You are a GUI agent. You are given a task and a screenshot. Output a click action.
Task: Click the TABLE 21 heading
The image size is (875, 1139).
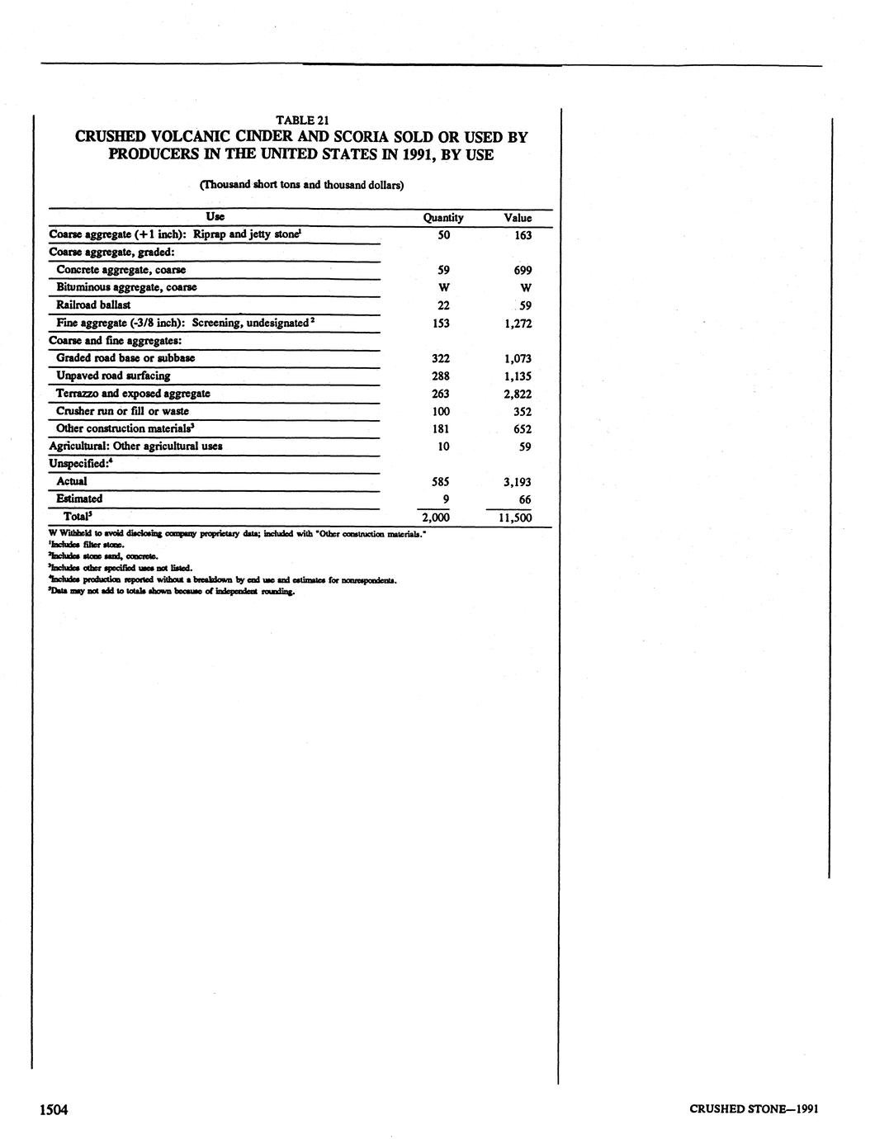click(301, 121)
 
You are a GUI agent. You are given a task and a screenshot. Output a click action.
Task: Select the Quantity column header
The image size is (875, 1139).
click(442, 218)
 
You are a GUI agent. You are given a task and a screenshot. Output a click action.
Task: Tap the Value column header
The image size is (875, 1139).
click(518, 218)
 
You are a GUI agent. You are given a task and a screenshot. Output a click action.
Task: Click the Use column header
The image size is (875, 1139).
click(215, 217)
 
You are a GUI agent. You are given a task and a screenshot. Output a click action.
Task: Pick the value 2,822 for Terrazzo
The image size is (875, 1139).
click(517, 395)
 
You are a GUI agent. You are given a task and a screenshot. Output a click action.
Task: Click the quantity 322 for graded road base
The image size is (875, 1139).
click(441, 359)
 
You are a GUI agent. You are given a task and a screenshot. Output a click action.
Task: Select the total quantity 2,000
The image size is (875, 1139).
click(436, 518)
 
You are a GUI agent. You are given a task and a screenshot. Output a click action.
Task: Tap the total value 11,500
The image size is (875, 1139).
click(515, 518)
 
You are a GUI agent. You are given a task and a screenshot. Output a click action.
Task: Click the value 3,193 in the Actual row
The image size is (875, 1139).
click(517, 483)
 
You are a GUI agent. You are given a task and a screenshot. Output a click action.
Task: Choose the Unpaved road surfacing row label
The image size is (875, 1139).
click(113, 376)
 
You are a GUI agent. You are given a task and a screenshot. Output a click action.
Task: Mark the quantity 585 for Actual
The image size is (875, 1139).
click(441, 482)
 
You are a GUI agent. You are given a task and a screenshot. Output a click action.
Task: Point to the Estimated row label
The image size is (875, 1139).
click(79, 499)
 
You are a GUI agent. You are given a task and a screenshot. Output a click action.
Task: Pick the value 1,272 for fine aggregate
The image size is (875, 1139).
click(517, 324)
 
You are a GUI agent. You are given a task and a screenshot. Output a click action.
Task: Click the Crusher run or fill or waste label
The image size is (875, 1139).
click(122, 412)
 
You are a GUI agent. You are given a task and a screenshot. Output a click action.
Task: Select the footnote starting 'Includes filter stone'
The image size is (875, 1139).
click(87, 546)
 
